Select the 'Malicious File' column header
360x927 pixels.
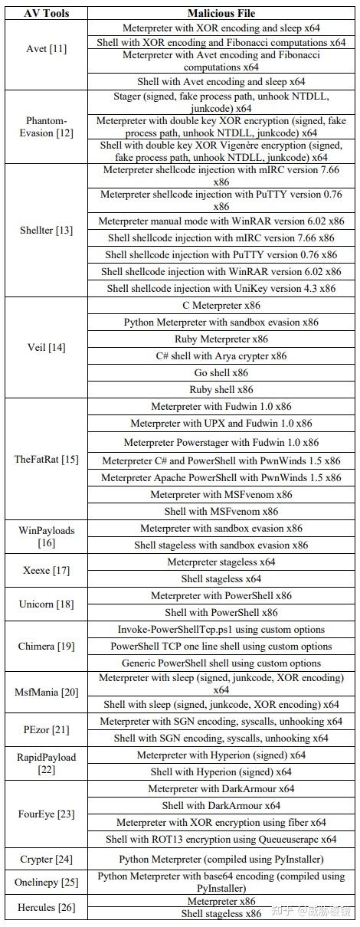point(221,13)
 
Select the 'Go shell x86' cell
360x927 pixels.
point(221,372)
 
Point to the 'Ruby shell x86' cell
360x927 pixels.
point(221,389)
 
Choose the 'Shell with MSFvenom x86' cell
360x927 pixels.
point(221,511)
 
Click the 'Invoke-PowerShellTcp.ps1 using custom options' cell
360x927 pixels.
point(221,629)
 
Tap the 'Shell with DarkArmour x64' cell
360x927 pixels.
point(221,805)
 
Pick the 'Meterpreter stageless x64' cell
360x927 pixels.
point(221,562)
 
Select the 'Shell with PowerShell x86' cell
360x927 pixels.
point(221,612)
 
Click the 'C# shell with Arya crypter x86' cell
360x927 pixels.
point(221,355)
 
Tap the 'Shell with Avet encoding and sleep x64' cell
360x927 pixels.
point(221,81)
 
